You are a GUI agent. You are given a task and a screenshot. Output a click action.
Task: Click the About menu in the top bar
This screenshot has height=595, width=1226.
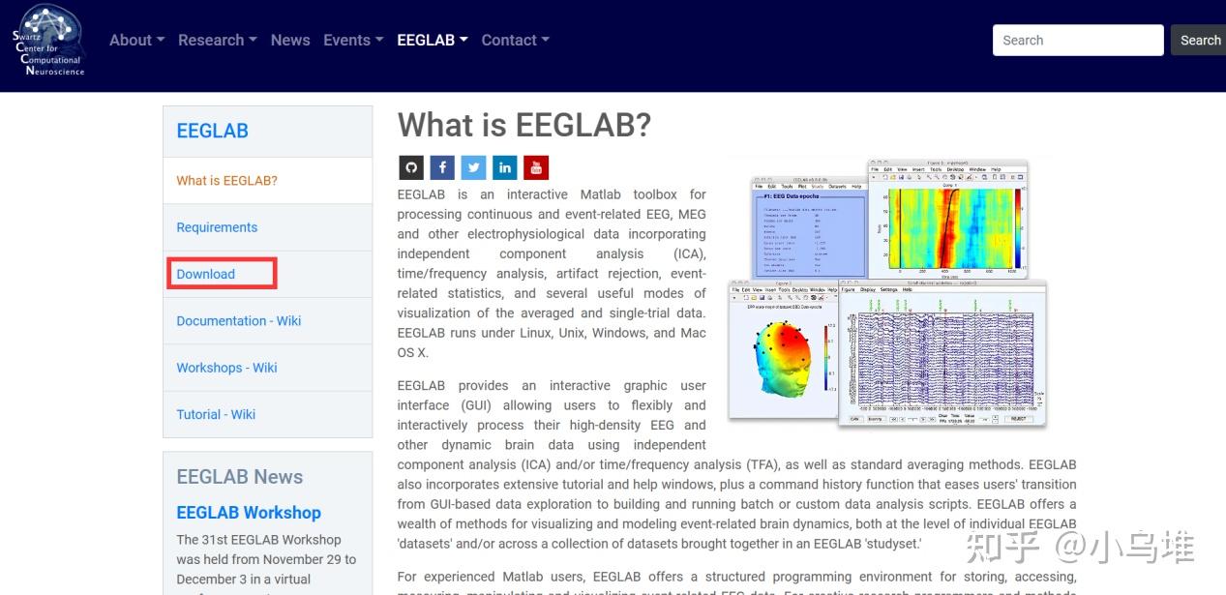pyautogui.click(x=136, y=40)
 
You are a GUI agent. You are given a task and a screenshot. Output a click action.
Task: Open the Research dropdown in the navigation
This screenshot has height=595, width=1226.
pyautogui.click(x=217, y=40)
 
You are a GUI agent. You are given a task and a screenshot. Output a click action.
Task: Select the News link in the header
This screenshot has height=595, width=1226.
pyautogui.click(x=290, y=40)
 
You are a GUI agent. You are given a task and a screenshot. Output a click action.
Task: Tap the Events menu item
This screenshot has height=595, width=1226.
pyautogui.click(x=352, y=40)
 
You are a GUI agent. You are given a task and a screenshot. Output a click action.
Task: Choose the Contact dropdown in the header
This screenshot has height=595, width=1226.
pyautogui.click(x=515, y=40)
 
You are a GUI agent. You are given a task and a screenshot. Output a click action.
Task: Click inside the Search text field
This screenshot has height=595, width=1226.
pyautogui.click(x=1077, y=41)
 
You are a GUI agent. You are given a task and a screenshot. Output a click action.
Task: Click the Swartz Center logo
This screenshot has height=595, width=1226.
pyautogui.click(x=48, y=41)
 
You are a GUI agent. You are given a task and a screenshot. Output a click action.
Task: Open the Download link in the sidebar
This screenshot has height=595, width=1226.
pyautogui.click(x=206, y=274)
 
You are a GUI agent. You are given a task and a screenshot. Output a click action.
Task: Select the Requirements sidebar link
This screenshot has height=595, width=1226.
pyautogui.click(x=217, y=227)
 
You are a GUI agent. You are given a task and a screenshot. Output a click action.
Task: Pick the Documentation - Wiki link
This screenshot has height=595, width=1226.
pyautogui.click(x=239, y=320)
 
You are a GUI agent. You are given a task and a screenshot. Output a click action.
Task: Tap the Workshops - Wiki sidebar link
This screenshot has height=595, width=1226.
pyautogui.click(x=226, y=368)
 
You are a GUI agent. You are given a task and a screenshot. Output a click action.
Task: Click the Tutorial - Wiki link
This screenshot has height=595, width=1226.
pyautogui.click(x=216, y=414)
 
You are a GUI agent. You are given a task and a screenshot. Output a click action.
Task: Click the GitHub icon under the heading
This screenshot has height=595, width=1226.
pyautogui.click(x=411, y=167)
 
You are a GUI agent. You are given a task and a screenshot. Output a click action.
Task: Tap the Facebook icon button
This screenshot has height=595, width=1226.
pyautogui.click(x=442, y=167)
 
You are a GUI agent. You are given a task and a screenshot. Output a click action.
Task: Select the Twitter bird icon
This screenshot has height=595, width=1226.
pyautogui.click(x=473, y=167)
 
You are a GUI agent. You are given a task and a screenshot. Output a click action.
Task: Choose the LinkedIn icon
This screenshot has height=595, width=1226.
pyautogui.click(x=505, y=167)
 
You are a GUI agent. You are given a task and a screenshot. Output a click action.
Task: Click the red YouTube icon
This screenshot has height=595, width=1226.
pyautogui.click(x=536, y=167)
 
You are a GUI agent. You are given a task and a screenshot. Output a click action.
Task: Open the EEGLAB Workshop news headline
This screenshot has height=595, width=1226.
pyautogui.click(x=249, y=513)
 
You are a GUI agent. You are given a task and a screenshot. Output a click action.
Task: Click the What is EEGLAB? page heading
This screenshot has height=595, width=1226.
pyautogui.click(x=524, y=125)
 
